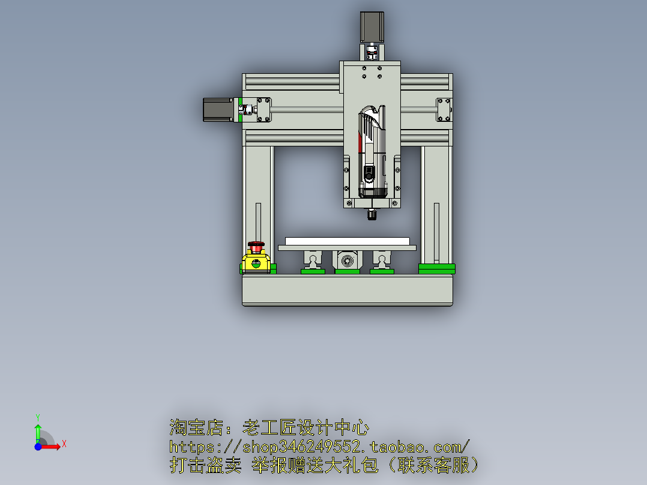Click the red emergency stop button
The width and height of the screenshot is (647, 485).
[257, 246]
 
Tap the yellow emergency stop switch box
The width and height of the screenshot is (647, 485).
[257, 262]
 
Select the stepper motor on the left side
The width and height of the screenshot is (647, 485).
[218, 110]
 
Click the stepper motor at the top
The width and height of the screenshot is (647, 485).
[372, 27]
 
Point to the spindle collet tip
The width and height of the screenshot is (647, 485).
[372, 214]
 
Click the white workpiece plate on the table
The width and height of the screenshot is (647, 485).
[347, 241]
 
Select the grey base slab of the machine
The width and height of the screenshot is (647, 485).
[347, 290]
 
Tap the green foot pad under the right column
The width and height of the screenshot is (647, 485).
[436, 268]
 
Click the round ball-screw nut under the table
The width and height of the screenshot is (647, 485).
[346, 261]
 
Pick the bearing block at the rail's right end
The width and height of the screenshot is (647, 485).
[444, 110]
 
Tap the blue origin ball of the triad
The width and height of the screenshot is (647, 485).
[38, 447]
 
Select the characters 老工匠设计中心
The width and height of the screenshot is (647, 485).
[305, 429]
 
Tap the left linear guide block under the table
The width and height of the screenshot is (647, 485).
[313, 260]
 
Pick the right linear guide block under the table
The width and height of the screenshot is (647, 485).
[382, 260]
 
